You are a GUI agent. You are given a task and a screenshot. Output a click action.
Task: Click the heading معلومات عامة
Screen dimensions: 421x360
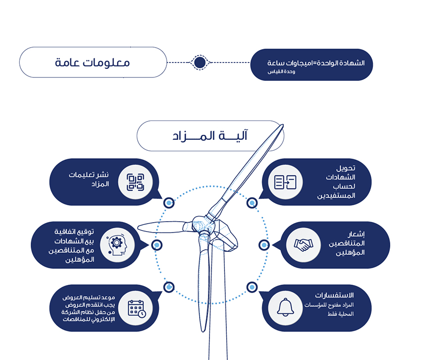pyautogui.click(x=92, y=62)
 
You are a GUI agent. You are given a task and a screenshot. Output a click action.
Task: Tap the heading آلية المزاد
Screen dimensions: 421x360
pyautogui.click(x=210, y=135)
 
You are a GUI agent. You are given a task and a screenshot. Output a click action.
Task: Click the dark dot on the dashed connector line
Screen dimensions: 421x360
pyautogui.click(x=200, y=62)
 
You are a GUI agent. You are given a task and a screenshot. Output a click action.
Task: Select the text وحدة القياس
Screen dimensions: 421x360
pyautogui.click(x=281, y=72)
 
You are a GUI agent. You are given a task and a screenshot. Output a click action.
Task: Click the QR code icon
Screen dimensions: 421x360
pyautogui.click(x=135, y=182)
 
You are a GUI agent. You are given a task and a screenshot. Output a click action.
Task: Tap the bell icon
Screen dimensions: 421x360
pyautogui.click(x=285, y=307)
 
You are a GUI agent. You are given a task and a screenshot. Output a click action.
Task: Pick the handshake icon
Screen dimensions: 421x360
pyautogui.click(x=304, y=244)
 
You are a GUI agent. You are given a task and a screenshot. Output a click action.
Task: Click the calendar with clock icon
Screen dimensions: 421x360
pyautogui.click(x=137, y=308)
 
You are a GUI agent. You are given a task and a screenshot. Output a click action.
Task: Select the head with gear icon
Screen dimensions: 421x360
pyautogui.click(x=116, y=245)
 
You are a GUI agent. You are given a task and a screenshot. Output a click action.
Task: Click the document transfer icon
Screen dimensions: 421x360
pyautogui.click(x=285, y=182)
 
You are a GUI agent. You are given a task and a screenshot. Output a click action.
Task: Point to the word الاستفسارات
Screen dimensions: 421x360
pyautogui.click(x=334, y=295)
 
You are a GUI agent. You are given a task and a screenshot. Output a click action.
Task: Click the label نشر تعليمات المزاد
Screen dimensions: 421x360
pyautogui.click(x=89, y=180)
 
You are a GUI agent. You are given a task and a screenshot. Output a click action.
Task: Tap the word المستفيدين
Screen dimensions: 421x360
pyautogui.click(x=336, y=196)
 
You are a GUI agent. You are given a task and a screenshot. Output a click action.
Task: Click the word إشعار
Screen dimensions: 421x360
pyautogui.click(x=356, y=235)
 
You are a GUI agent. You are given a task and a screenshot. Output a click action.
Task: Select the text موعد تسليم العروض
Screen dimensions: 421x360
pyautogui.click(x=89, y=298)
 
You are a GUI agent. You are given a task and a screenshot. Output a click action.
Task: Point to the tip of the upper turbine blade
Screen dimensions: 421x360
pyautogui.click(x=283, y=125)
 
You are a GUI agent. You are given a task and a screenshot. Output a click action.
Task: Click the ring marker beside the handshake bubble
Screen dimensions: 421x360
pyautogui.click(x=264, y=245)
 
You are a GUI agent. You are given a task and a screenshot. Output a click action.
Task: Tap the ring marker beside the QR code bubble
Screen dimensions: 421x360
pyautogui.click(x=168, y=202)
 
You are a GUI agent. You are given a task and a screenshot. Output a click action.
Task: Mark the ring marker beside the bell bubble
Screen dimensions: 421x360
pyautogui.click(x=252, y=287)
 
